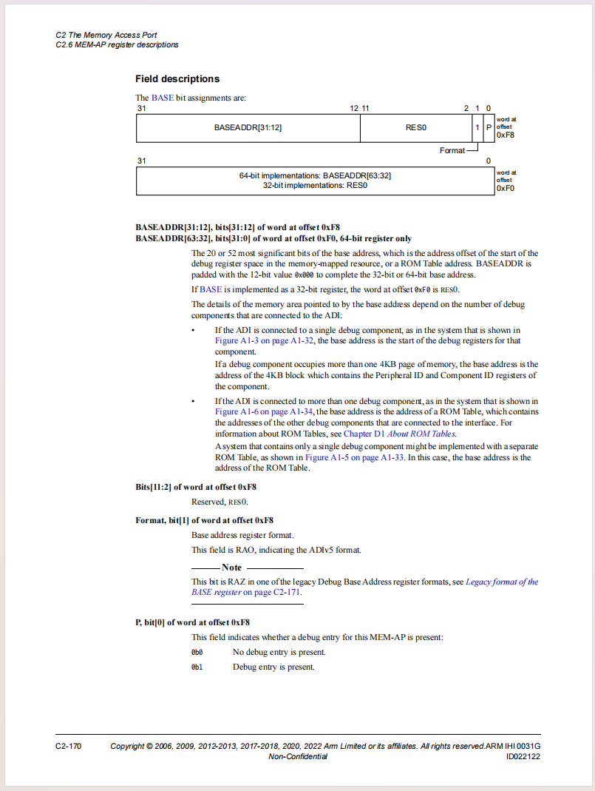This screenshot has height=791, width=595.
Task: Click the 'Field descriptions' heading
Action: pyautogui.click(x=177, y=78)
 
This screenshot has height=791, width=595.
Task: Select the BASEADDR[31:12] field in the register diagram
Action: pyautogui.click(x=248, y=127)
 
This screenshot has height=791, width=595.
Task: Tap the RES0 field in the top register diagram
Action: pyautogui.click(x=416, y=127)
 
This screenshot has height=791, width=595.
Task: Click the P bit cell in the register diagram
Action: pyautogui.click(x=489, y=127)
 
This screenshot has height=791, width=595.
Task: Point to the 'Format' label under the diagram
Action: pyautogui.click(x=452, y=150)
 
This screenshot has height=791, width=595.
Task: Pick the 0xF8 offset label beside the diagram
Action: pyautogui.click(x=506, y=135)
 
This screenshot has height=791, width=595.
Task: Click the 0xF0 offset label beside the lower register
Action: pyautogui.click(x=506, y=189)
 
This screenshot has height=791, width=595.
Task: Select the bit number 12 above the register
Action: pyautogui.click(x=354, y=108)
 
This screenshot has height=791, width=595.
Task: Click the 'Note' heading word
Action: pyautogui.click(x=231, y=567)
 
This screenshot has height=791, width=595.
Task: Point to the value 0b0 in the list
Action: pyautogui.click(x=197, y=652)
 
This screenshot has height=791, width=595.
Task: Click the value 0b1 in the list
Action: pyautogui.click(x=197, y=667)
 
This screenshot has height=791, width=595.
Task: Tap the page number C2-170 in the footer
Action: pyautogui.click(x=68, y=746)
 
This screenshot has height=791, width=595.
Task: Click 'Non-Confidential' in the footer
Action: pyautogui.click(x=298, y=756)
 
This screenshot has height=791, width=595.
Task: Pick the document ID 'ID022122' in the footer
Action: pyautogui.click(x=523, y=756)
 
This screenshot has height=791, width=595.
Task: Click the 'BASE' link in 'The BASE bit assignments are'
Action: pyautogui.click(x=163, y=98)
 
